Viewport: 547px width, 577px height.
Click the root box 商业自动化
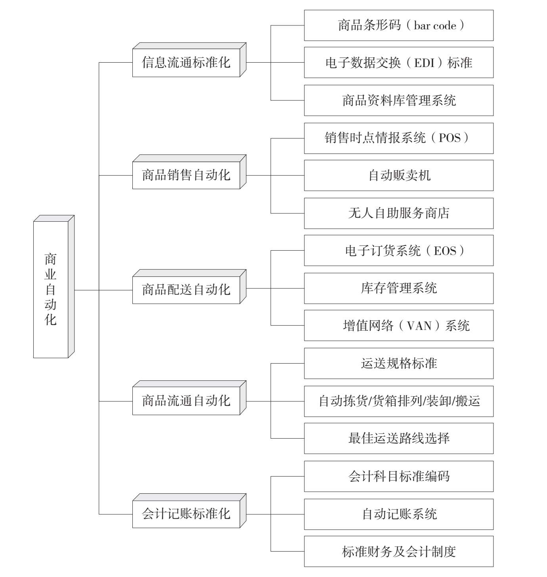[x=54, y=286]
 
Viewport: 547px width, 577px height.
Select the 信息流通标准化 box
[x=189, y=60]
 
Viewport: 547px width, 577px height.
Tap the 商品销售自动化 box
[x=189, y=172]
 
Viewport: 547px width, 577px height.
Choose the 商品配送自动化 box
[x=189, y=287]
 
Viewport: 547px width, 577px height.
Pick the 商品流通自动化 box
[x=189, y=398]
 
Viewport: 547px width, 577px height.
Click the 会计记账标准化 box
[x=189, y=511]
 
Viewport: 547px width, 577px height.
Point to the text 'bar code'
[x=435, y=25]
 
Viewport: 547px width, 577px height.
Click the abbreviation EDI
[x=424, y=63]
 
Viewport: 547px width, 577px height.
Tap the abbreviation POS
[x=449, y=138]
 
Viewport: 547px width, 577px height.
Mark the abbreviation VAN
[x=419, y=326]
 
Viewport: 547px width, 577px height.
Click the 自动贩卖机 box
[x=399, y=176]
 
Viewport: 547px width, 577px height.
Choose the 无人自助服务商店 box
[x=399, y=213]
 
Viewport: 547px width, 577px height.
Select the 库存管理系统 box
[x=399, y=289]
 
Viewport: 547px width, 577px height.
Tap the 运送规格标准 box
[x=399, y=364]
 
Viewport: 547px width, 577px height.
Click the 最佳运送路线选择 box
[x=399, y=439]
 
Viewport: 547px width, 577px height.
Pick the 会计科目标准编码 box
[x=399, y=476]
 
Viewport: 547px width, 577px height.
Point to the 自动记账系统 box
[x=399, y=514]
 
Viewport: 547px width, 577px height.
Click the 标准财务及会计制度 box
[x=399, y=552]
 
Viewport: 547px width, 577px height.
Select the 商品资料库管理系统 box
[x=399, y=100]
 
